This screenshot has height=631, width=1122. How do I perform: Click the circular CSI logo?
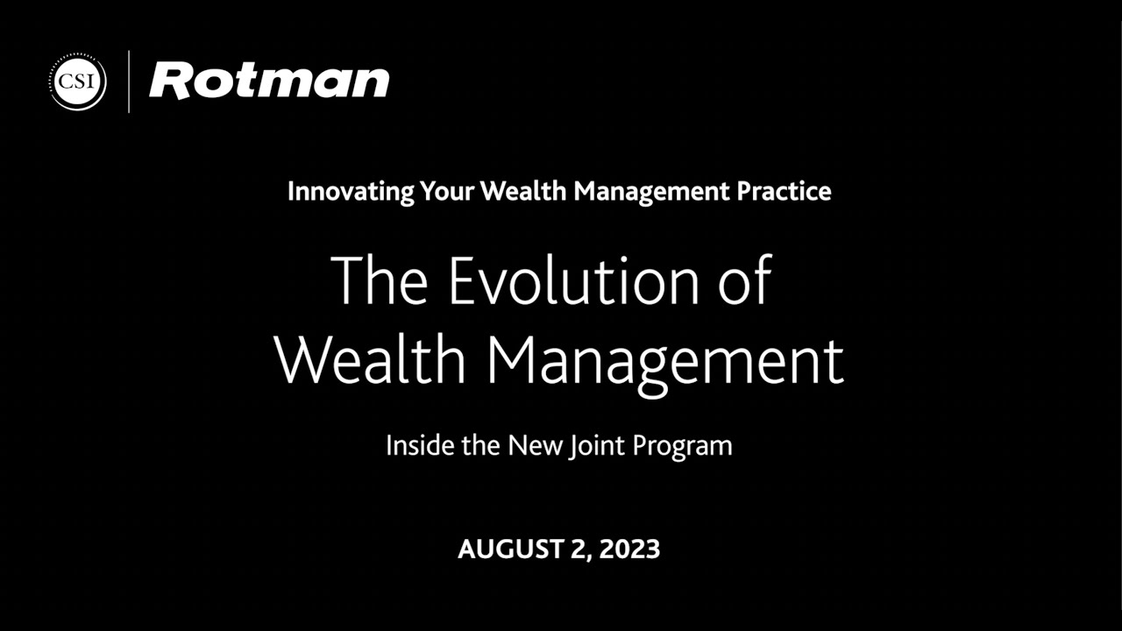[x=78, y=82]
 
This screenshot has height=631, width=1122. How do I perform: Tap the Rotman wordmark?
[x=269, y=82]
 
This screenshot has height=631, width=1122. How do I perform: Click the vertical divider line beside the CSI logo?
[x=129, y=82]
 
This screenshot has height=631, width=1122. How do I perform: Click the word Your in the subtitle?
[x=449, y=191]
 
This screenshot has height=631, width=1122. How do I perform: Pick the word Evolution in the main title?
[x=574, y=280]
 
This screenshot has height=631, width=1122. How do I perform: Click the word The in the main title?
[x=379, y=280]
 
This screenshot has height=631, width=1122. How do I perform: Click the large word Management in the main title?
[x=665, y=361]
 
